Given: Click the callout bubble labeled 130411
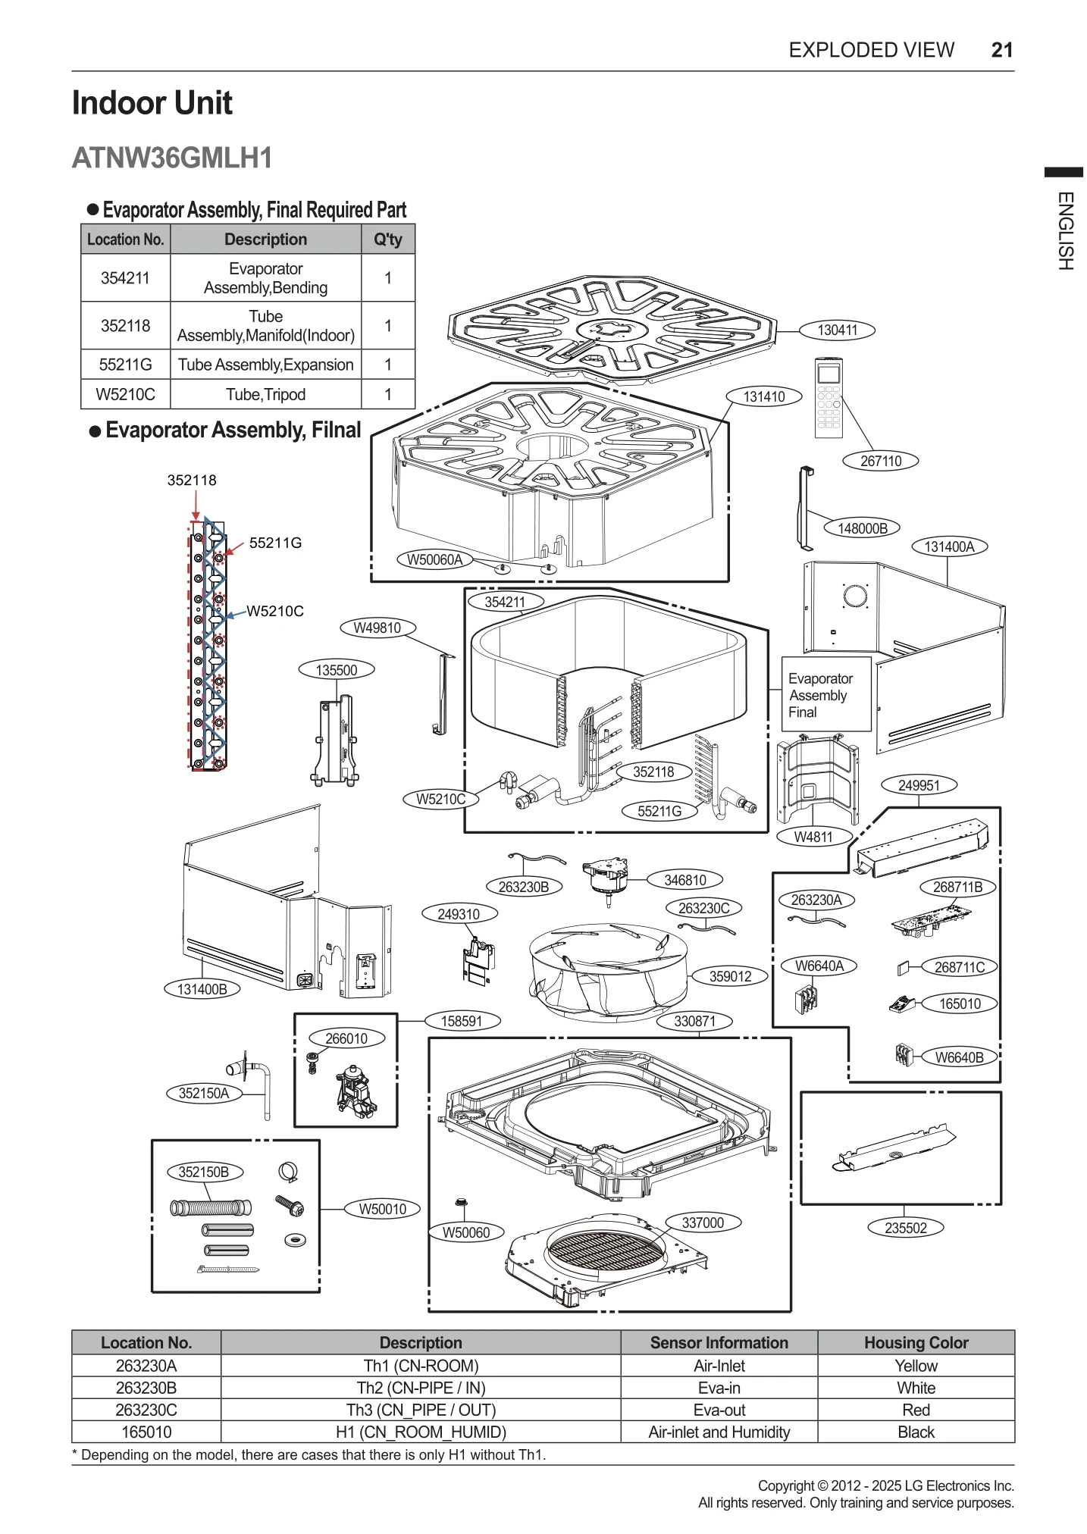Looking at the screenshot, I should tap(837, 330).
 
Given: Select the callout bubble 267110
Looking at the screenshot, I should tap(880, 461).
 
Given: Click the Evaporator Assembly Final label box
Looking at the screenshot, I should tap(825, 694).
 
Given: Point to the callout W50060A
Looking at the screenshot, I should tap(434, 560).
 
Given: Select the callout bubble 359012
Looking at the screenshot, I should tap(730, 977).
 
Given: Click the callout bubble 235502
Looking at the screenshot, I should tap(905, 1228).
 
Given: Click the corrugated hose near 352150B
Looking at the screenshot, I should tap(211, 1207).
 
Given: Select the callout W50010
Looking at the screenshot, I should tap(383, 1209).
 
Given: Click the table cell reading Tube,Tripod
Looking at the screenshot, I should tap(265, 395).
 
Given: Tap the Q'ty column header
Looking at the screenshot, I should tap(388, 239).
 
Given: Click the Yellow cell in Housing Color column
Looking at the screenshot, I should tap(915, 1366).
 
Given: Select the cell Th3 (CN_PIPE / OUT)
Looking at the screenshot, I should tap(421, 1410).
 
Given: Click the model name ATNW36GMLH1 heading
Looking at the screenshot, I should tap(172, 158).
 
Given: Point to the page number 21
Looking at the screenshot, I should tap(1001, 50).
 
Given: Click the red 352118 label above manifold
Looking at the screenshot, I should tap(192, 480).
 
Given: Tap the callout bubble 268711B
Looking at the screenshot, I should tap(957, 887).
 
